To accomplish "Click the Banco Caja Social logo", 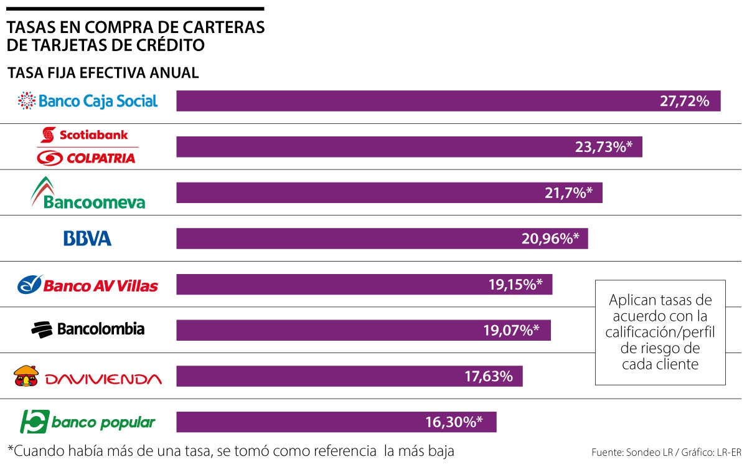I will [x=88, y=101].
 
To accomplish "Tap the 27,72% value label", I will [x=684, y=101].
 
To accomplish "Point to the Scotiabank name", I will [x=93, y=134].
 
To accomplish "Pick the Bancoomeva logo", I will [x=88, y=193].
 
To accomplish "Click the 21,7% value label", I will [x=565, y=193].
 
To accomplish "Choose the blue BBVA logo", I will [x=87, y=239].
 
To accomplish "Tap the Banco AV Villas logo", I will [x=88, y=285].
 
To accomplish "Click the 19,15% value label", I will [x=515, y=285].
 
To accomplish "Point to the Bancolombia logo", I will [x=88, y=329].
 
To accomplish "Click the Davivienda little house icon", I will [x=27, y=376].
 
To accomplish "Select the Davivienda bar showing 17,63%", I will [x=349, y=376].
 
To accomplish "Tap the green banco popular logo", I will [x=88, y=422].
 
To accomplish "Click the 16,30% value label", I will [x=454, y=422].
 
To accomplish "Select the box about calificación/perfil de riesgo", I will [x=660, y=332].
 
